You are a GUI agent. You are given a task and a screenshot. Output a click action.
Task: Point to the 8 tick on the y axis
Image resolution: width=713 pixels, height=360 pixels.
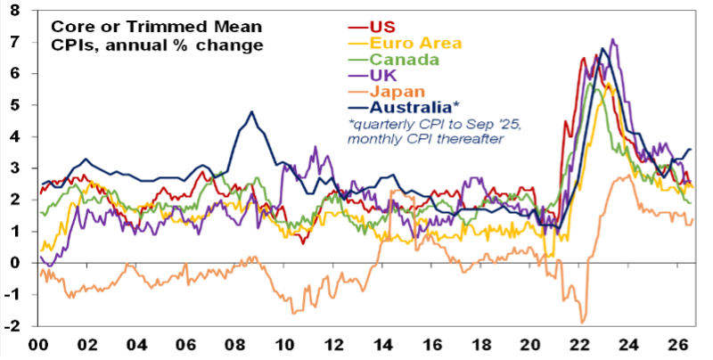(15, 11)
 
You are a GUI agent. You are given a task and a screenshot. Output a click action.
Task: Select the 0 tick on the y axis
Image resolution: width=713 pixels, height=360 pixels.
(15, 263)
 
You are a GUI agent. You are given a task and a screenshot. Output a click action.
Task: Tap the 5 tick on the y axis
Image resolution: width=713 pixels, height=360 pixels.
(15, 105)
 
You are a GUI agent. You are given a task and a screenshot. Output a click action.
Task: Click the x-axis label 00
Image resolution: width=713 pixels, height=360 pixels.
(38, 347)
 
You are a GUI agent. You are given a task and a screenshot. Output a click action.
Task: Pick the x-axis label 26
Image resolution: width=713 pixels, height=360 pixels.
(681, 347)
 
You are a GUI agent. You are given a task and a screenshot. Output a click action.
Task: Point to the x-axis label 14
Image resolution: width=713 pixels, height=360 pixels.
(384, 347)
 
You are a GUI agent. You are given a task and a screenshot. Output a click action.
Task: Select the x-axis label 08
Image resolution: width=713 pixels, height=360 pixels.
(236, 347)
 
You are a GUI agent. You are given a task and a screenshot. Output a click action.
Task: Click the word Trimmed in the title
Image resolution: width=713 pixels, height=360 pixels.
(152, 27)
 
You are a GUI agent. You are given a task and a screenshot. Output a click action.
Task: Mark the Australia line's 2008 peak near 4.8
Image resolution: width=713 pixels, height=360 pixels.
(251, 111)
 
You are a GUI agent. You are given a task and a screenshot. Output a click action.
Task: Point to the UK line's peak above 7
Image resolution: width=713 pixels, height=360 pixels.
(612, 39)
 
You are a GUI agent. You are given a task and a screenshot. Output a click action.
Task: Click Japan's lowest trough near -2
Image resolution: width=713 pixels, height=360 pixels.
(582, 323)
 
